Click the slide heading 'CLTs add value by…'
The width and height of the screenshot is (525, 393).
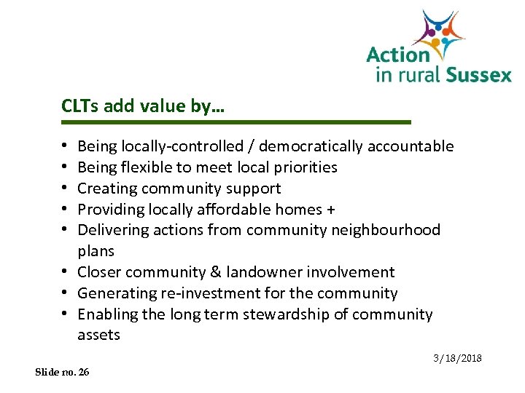click(x=143, y=106)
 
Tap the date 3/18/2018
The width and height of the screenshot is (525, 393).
click(x=458, y=359)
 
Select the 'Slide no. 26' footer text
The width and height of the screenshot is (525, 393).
click(x=63, y=372)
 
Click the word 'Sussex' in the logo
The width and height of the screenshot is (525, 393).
click(x=479, y=74)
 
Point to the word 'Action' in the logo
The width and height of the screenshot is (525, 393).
click(x=398, y=55)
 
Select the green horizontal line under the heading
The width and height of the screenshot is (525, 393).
click(x=236, y=122)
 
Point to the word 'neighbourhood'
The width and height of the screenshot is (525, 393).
click(x=394, y=230)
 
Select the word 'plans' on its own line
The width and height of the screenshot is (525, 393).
click(x=96, y=251)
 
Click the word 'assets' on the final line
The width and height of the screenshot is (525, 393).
click(x=98, y=336)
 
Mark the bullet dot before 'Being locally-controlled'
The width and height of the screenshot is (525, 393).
click(x=66, y=147)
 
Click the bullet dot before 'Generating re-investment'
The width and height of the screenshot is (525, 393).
click(x=66, y=294)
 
